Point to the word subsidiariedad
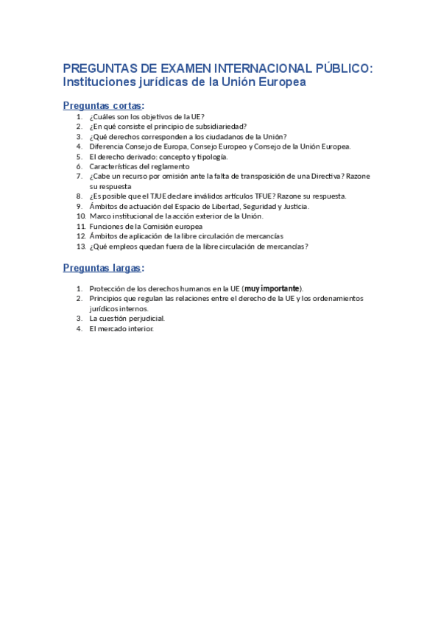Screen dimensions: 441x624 click(x=219, y=127)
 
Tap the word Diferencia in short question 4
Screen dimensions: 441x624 click(x=107, y=146)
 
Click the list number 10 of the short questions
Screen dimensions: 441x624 click(x=81, y=216)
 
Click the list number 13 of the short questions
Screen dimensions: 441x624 click(x=81, y=247)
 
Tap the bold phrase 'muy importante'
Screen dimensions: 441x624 click(x=272, y=288)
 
